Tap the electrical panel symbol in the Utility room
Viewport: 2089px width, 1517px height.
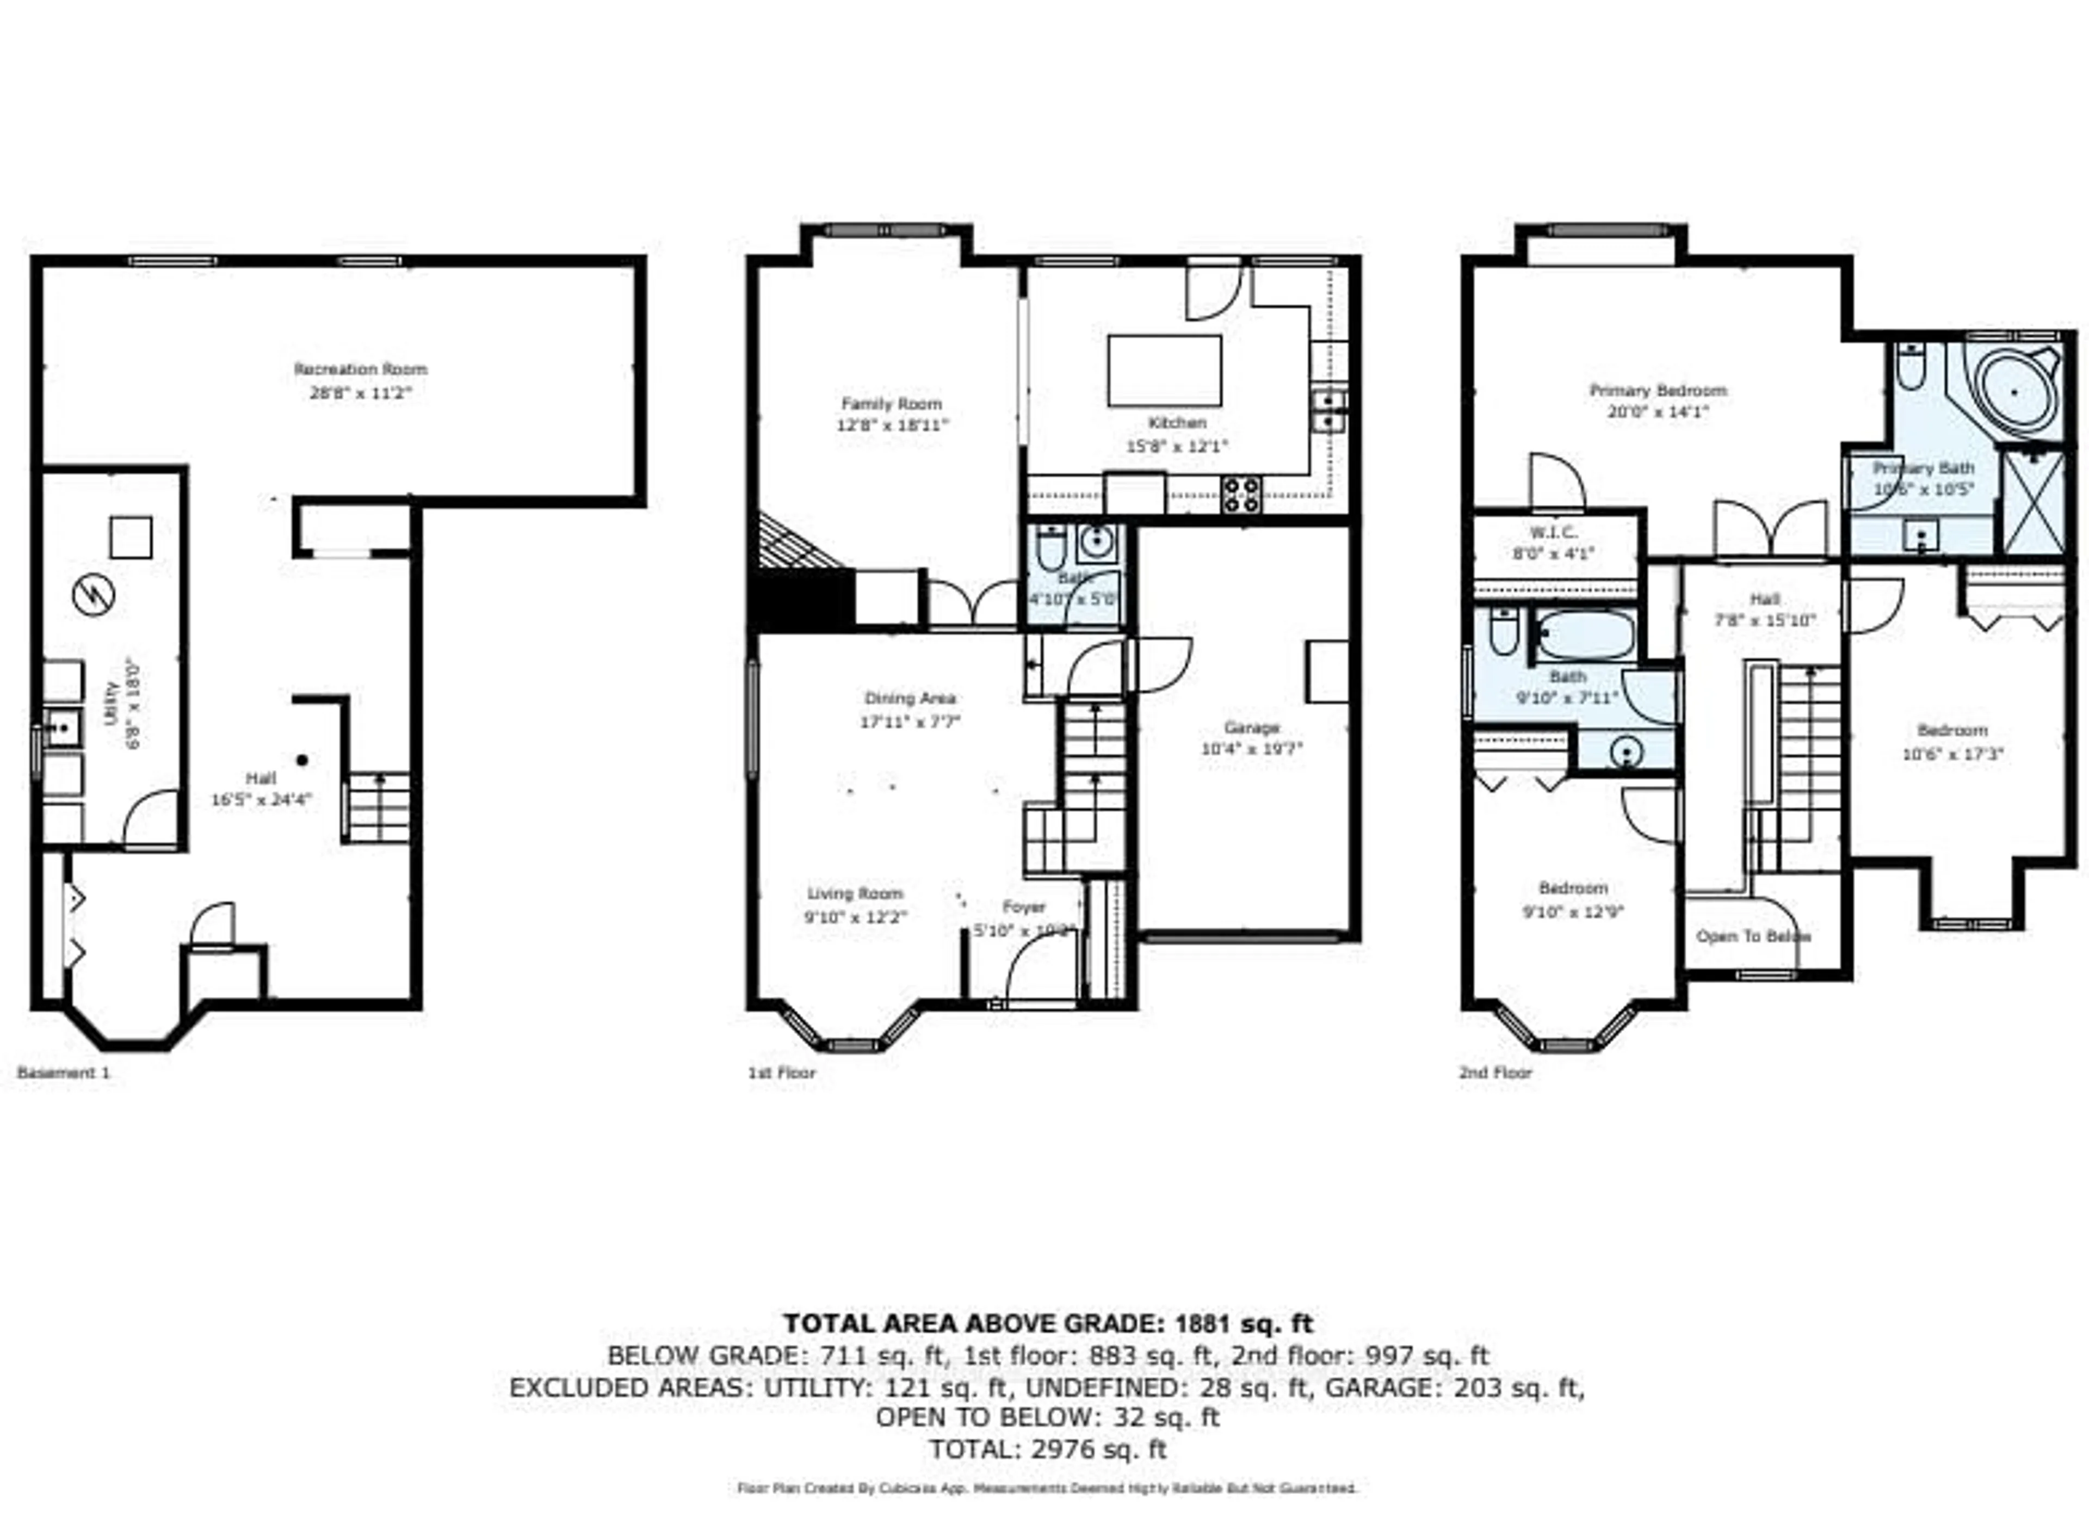pyautogui.click(x=93, y=595)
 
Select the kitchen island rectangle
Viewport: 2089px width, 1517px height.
pyautogui.click(x=1164, y=370)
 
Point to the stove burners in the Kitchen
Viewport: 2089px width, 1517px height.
pyautogui.click(x=1241, y=495)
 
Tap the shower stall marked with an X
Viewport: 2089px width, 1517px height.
pyautogui.click(x=2034, y=502)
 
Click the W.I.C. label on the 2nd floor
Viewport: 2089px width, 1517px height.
pyautogui.click(x=1553, y=532)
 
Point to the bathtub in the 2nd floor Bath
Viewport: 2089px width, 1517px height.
pyautogui.click(x=1584, y=634)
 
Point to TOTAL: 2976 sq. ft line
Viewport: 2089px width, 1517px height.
pyautogui.click(x=1047, y=1450)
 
